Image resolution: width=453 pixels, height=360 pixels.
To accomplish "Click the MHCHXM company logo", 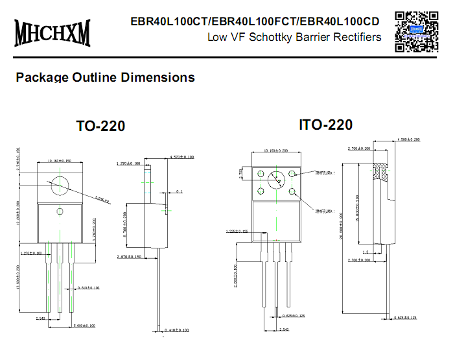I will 52,30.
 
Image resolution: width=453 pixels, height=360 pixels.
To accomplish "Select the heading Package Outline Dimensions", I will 105,77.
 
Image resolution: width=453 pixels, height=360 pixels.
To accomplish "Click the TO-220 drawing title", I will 100,126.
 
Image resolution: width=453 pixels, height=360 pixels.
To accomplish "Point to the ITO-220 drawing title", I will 325,125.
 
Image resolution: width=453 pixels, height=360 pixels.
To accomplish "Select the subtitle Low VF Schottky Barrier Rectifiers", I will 294,37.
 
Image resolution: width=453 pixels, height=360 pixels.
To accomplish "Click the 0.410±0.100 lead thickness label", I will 175,330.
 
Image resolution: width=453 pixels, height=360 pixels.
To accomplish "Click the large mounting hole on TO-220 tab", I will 60,184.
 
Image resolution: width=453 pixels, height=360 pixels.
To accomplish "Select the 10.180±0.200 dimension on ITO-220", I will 277,150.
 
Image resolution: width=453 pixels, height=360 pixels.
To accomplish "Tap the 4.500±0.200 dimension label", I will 408,139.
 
